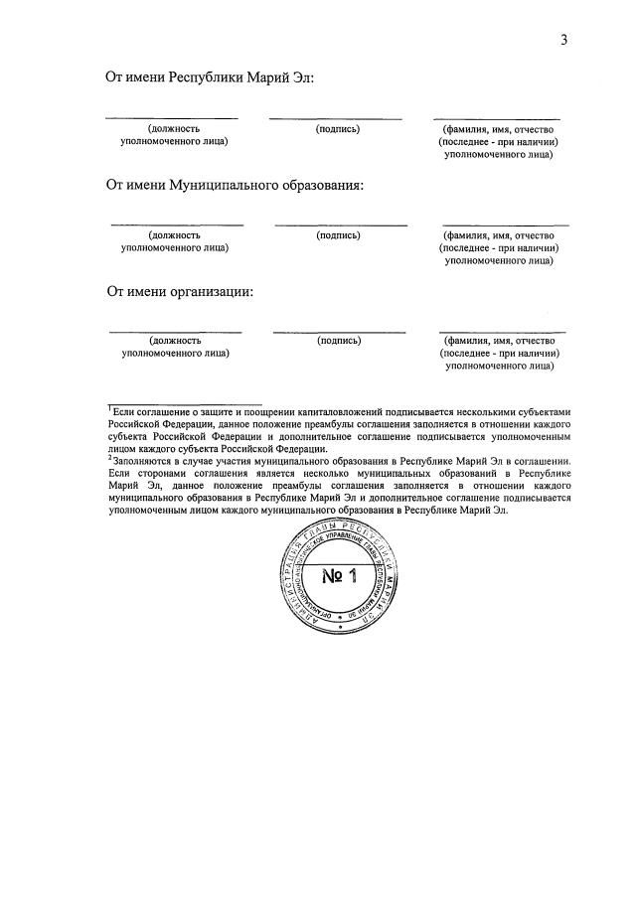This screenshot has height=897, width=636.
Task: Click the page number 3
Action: point(563,40)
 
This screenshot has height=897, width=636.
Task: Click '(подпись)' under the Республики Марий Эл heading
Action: point(338,129)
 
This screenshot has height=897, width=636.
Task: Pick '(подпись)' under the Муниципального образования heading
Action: point(338,235)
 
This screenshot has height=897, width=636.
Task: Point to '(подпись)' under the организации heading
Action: point(339,341)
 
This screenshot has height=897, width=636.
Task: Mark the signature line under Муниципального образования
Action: point(341,225)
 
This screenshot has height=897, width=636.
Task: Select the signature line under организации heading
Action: point(339,332)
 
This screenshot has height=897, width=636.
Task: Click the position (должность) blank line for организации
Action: point(175,332)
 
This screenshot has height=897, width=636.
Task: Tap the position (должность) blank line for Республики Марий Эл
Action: point(172,119)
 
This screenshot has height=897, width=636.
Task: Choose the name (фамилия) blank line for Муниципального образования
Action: point(506,225)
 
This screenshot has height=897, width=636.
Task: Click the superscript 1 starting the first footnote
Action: point(109,408)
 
